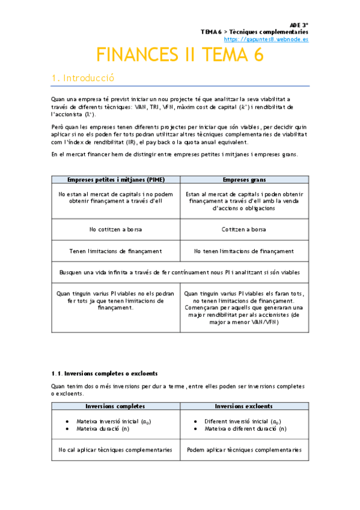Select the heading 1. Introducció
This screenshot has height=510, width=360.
coord(82,78)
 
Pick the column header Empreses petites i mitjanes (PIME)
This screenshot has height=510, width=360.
coord(116,180)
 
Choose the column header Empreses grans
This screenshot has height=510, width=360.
coord(244,180)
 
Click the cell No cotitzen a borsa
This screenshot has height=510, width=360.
coord(116,229)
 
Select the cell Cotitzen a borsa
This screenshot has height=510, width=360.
coord(244,229)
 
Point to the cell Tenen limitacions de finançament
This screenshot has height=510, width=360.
coord(116,251)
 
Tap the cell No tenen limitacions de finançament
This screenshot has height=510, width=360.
coord(244,251)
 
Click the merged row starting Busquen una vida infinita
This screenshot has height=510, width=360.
coord(180,272)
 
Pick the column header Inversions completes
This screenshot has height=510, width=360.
coord(116,406)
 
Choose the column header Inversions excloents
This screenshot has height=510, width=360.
coord(244,406)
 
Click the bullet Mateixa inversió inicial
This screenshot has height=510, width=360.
coord(114,422)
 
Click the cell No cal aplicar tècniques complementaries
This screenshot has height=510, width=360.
coord(116,449)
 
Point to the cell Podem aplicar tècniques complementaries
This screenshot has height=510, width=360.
coord(244,449)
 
